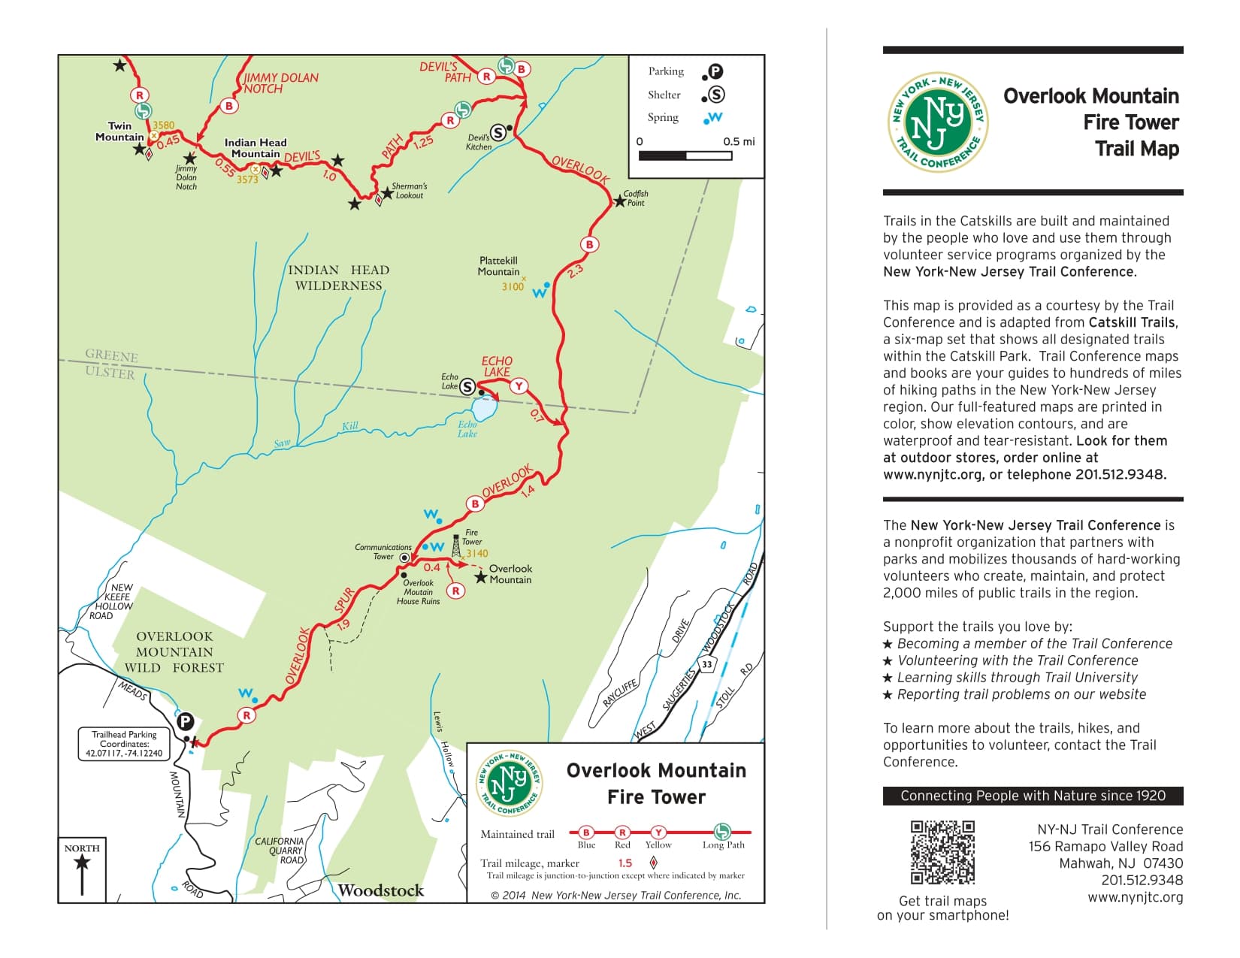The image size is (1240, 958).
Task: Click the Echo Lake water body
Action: pos(484,409)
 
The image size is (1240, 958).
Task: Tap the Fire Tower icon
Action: pos(456,546)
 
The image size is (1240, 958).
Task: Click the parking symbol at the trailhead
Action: pos(185,722)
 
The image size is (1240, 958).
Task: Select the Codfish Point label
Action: pos(635,198)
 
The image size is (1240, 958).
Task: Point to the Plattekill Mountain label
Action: pos(498,266)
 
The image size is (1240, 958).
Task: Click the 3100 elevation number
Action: pos(513,286)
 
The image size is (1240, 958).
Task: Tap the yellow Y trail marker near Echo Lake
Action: pos(518,386)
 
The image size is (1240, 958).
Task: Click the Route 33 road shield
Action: pos(706,664)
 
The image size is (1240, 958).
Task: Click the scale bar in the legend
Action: pos(685,156)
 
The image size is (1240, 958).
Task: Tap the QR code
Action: pos(942,852)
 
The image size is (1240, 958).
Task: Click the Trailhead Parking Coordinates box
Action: pos(124,744)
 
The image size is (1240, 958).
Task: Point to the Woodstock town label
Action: pos(381,890)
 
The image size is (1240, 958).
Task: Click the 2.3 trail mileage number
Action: pos(576,271)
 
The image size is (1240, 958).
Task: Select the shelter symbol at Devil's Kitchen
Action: pos(498,133)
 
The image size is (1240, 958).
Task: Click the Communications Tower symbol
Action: pos(404,558)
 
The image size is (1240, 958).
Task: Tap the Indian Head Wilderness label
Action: pos(338,277)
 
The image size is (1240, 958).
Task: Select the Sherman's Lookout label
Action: pos(410,191)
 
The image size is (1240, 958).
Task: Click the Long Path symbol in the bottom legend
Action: pos(721,832)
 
